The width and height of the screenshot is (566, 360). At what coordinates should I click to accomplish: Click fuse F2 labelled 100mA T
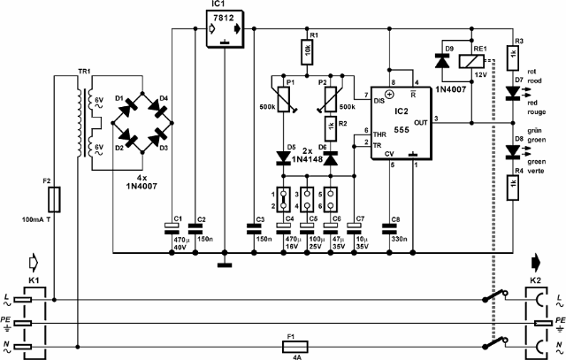[55, 196]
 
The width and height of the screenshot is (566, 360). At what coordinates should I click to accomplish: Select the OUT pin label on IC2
[420, 121]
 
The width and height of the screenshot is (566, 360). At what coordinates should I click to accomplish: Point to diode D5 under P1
[284, 157]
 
